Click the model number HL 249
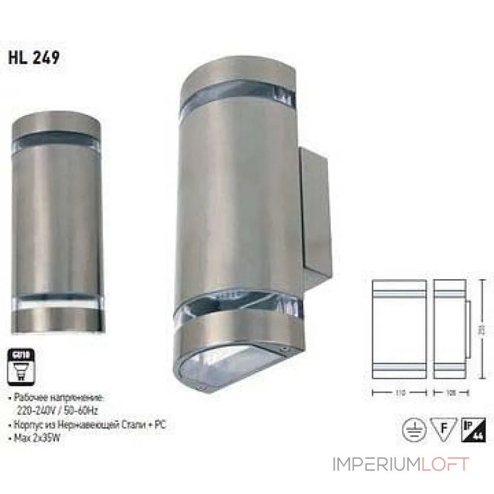pos(34,57)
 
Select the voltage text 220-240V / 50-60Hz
pos(57,408)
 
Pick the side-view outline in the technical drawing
pos(450,330)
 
